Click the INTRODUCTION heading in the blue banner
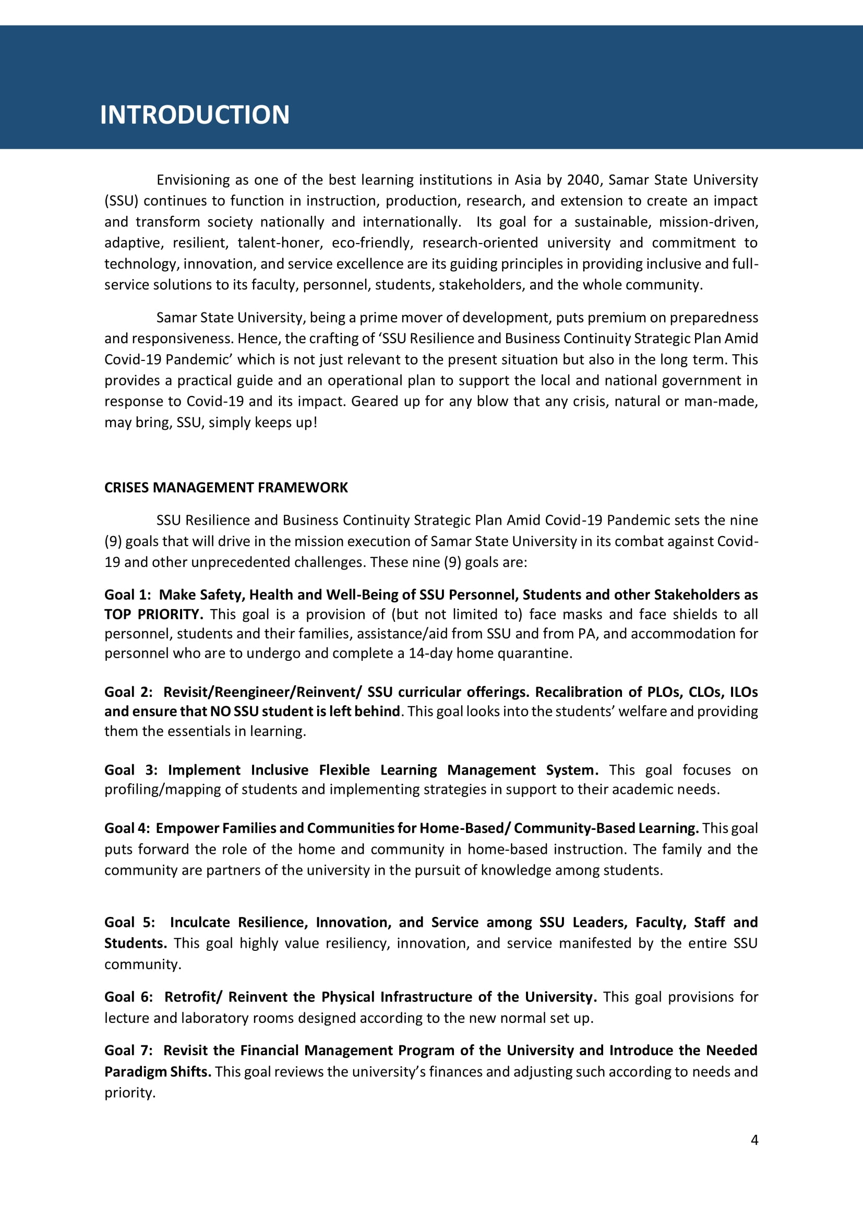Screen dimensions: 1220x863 (x=195, y=115)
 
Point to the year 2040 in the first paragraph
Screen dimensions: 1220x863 (x=583, y=180)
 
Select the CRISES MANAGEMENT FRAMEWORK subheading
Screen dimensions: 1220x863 (x=226, y=488)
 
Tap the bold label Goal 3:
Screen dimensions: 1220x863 (x=131, y=770)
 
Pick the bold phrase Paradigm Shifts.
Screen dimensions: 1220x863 (x=157, y=1072)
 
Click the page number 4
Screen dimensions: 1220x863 (x=754, y=1140)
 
